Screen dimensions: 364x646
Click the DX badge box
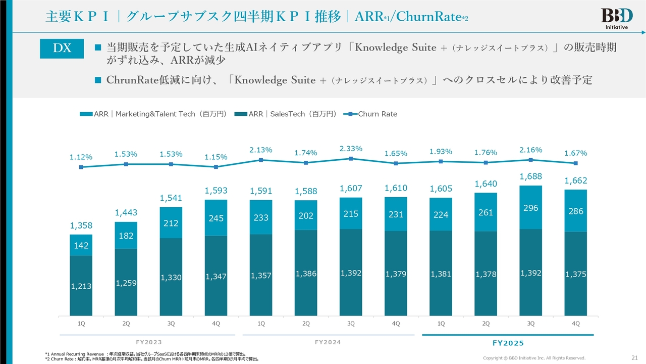[62, 48]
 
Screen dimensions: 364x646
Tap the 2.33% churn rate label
[351, 149]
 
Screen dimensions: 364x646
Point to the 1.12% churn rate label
[81, 157]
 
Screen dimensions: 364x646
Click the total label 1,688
[530, 176]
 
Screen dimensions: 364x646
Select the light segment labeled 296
[530, 207]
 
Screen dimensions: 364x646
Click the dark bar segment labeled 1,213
[81, 286]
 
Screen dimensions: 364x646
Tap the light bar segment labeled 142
[81, 245]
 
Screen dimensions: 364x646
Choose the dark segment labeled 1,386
[306, 273]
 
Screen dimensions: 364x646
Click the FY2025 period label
[508, 343]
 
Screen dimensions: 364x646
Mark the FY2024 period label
[328, 342]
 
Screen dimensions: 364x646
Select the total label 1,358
[81, 225]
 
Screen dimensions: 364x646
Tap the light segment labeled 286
[575, 211]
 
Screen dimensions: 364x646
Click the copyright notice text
[534, 358]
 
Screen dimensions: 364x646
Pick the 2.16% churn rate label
[530, 150]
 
